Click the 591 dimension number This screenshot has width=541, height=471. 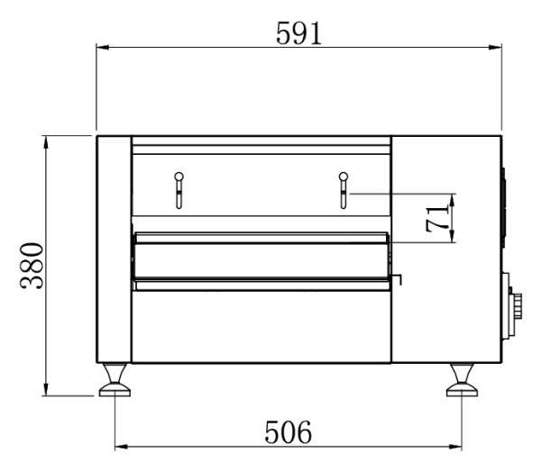point(298,33)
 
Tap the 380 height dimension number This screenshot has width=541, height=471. point(32,266)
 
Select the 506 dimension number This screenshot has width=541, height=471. point(289,431)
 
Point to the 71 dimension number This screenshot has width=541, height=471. point(437,219)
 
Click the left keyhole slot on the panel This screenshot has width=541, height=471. point(179,190)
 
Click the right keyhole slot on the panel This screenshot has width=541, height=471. point(343,190)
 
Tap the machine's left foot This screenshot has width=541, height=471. point(115,379)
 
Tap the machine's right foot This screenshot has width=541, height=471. point(462,379)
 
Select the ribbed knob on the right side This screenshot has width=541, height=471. point(517,305)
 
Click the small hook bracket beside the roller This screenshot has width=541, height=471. point(398,279)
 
